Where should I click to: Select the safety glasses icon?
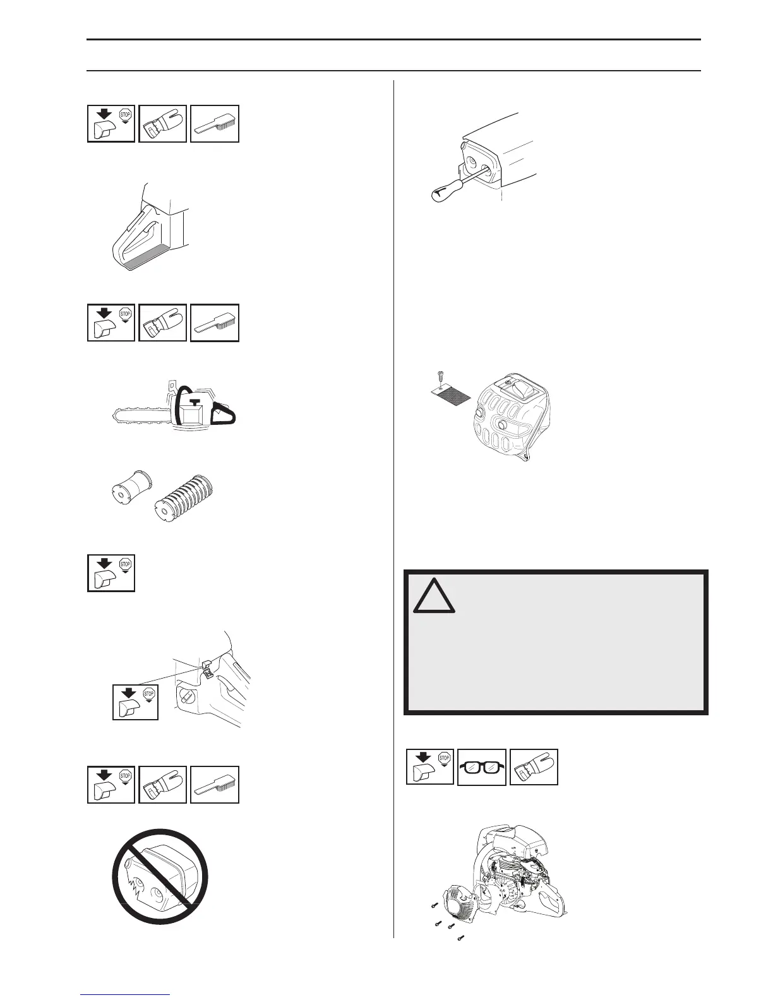[481, 768]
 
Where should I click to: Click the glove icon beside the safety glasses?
[534, 768]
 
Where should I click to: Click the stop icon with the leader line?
[135, 701]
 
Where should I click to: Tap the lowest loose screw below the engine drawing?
[460, 937]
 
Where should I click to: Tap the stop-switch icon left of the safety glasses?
[429, 768]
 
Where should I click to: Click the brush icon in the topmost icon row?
[215, 124]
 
